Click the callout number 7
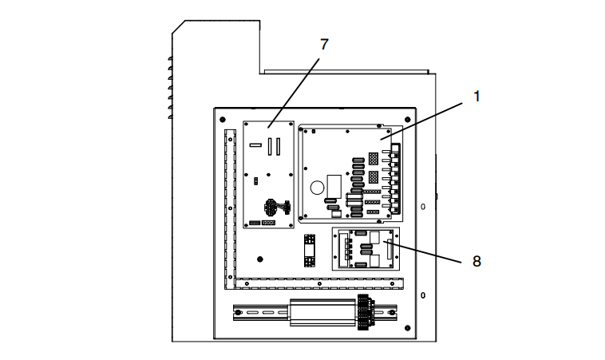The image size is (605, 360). tap(323, 45)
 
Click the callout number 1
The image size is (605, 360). tap(476, 97)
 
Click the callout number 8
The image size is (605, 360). tap(476, 260)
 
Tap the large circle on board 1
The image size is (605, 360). tap(317, 189)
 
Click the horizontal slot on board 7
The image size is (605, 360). tap(255, 146)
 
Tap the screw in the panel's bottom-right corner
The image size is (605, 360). tap(408, 328)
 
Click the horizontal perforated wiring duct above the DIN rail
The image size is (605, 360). tap(319, 283)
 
